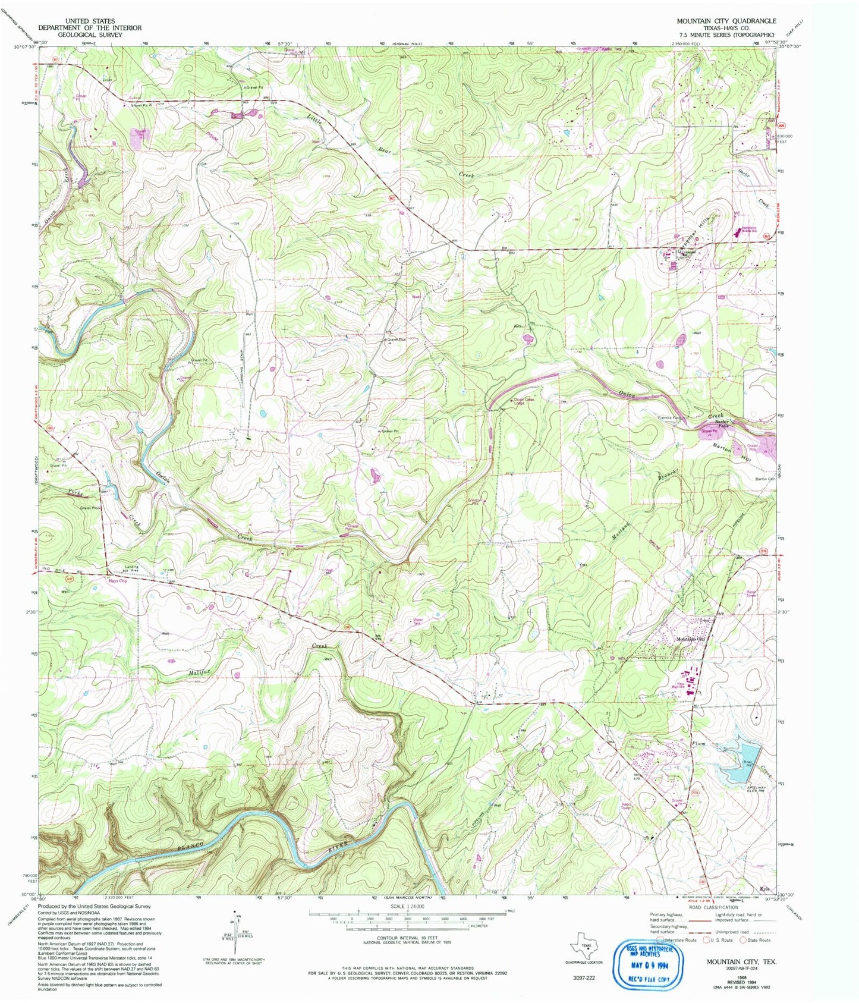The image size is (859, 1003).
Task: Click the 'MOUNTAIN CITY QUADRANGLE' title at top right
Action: click(x=726, y=21)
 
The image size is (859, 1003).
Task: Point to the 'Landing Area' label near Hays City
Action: click(x=131, y=568)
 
